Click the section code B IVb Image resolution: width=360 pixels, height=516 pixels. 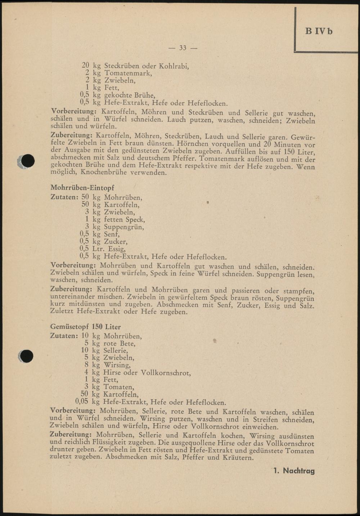point(319,31)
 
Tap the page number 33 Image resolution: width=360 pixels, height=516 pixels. point(183,48)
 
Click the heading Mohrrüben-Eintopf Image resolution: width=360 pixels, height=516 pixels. point(82,188)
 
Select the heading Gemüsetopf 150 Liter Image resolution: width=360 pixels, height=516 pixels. point(86,327)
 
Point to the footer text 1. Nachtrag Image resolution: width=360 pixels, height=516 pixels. point(294,471)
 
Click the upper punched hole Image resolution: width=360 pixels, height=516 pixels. point(28,161)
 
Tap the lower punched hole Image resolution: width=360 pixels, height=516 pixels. point(27,356)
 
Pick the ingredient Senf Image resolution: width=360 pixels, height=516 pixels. point(112,234)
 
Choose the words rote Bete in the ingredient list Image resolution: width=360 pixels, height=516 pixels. point(119,343)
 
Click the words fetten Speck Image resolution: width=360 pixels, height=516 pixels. point(124,219)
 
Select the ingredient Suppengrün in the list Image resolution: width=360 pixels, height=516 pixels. point(124,227)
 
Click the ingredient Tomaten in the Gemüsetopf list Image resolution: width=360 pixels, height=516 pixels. point(119,387)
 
